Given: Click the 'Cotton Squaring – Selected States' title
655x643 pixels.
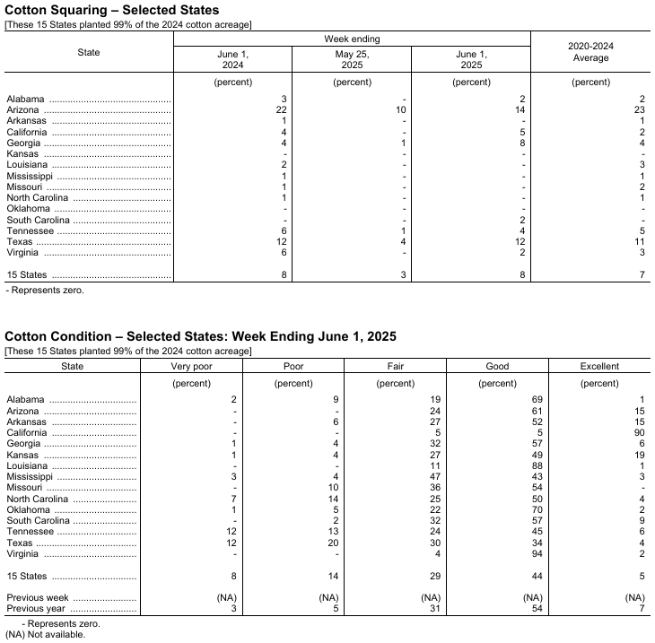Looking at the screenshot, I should [111, 9].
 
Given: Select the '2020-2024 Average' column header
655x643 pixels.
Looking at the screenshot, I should [590, 52].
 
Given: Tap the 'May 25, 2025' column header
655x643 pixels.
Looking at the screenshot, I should [352, 58].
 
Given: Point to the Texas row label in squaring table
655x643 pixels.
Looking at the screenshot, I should [20, 241].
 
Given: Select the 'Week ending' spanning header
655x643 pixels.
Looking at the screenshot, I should [352, 39].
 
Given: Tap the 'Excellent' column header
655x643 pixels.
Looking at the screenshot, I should [598, 366].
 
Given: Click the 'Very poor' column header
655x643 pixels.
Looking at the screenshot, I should [191, 366].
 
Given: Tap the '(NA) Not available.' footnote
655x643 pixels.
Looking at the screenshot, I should [45, 635].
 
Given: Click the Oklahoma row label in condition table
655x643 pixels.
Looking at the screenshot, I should [29, 510].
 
